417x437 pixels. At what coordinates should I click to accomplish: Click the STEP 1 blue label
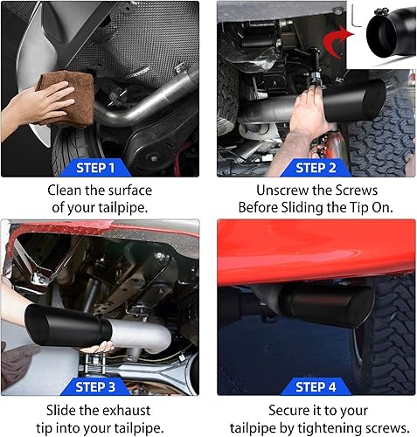95,168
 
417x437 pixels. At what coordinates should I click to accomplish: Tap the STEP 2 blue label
316,168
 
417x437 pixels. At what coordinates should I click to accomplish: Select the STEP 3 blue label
95,387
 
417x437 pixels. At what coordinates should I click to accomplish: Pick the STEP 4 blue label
316,387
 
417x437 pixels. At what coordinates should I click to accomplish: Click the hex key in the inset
356,16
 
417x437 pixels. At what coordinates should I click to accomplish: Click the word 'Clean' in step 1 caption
65,191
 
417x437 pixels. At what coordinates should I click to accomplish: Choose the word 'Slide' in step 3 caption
61,411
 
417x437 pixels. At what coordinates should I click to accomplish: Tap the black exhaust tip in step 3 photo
67,325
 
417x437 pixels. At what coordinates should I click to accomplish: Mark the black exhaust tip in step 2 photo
354,101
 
